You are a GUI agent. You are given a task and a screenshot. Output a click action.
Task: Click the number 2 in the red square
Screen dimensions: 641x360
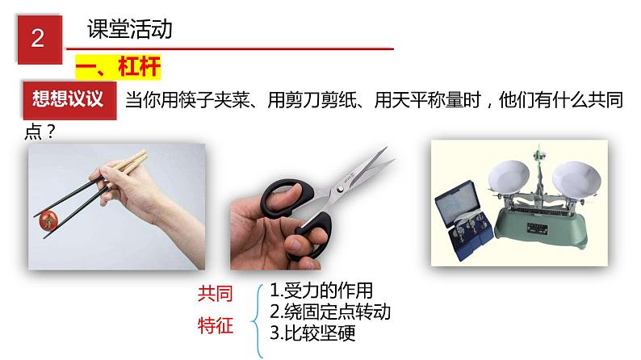(38, 39)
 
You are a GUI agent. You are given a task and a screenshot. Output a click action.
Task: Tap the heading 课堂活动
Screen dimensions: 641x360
(130, 29)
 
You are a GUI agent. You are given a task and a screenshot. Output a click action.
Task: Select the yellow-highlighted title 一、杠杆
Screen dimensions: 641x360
(118, 67)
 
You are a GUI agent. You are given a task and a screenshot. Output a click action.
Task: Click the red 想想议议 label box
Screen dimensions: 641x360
(69, 100)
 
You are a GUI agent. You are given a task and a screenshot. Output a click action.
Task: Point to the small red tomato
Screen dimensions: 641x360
(48, 220)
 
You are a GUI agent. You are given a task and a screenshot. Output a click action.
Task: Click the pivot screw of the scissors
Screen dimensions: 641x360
(340, 189)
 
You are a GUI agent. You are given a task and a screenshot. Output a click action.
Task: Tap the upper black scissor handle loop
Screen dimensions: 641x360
(287, 198)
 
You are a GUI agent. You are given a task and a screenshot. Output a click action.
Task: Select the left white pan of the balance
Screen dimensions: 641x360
(509, 176)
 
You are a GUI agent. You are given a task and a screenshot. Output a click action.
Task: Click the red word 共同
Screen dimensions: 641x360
(216, 294)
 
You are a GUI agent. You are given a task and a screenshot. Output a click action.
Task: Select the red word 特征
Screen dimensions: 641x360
(216, 325)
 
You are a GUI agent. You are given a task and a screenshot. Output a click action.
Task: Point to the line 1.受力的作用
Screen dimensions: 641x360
(321, 291)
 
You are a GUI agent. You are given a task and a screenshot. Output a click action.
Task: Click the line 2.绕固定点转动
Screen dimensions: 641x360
(330, 312)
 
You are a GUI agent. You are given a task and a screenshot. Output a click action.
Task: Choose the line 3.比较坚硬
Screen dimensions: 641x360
(312, 333)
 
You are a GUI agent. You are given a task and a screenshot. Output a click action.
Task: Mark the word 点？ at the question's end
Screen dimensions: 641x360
(40, 132)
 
